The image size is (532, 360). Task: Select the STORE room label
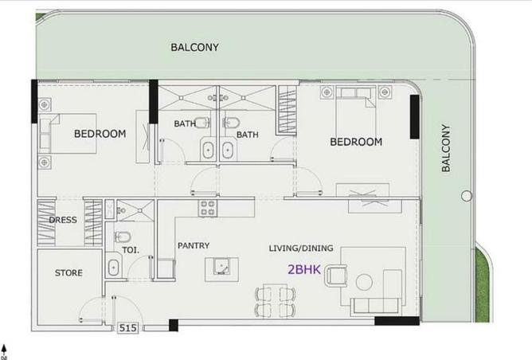[68, 273]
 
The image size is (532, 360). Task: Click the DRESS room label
[63, 220]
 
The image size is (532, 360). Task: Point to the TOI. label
[131, 250]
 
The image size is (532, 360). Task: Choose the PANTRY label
[194, 246]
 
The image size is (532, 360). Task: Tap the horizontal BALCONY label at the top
[194, 47]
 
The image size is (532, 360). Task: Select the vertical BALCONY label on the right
[446, 148]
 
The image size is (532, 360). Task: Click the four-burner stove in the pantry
[208, 209]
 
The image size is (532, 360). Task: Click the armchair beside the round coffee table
[338, 276]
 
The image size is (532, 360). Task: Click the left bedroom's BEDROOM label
[100, 134]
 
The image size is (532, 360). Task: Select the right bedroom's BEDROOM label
[356, 143]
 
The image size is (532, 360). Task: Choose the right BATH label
[248, 135]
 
